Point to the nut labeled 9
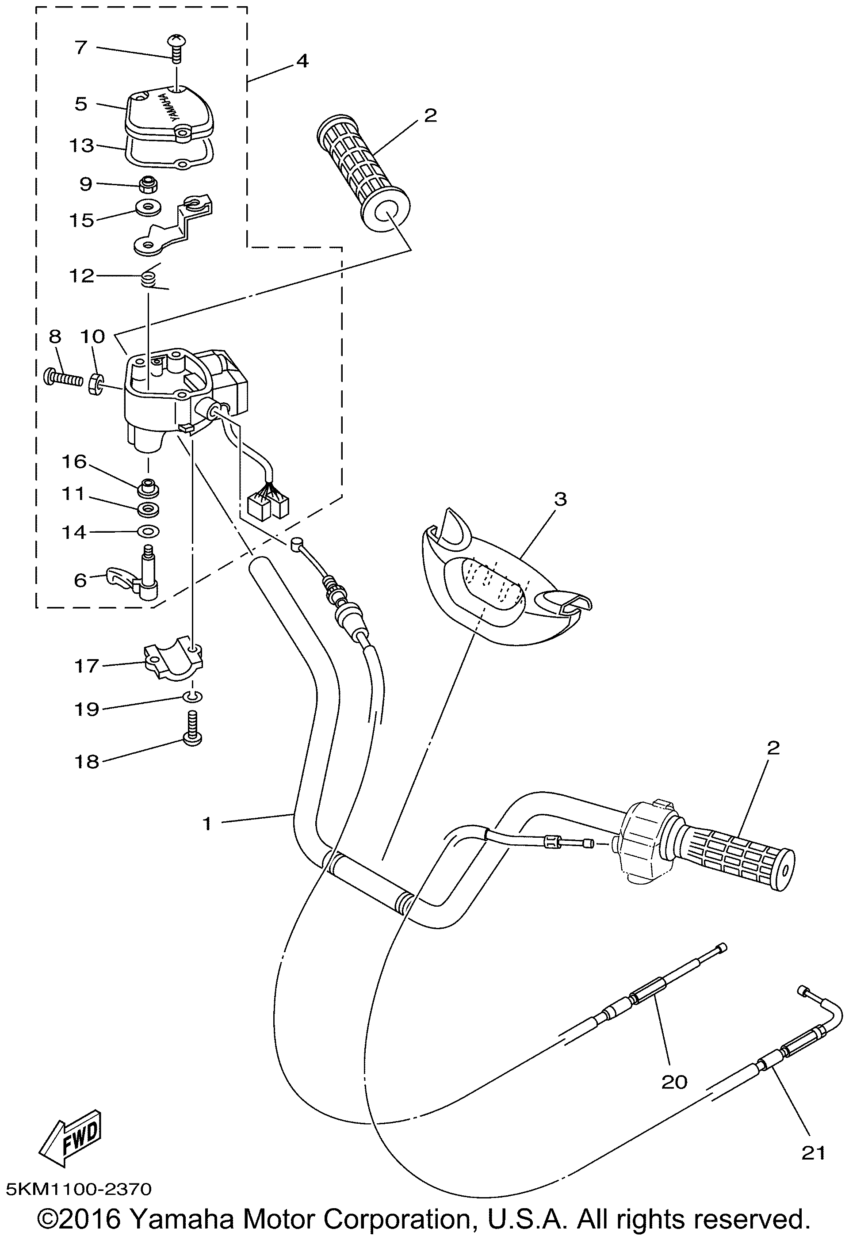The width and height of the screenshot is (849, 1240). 147,185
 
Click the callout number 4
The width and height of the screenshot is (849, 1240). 302,61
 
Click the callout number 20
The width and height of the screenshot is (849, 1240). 674,1082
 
